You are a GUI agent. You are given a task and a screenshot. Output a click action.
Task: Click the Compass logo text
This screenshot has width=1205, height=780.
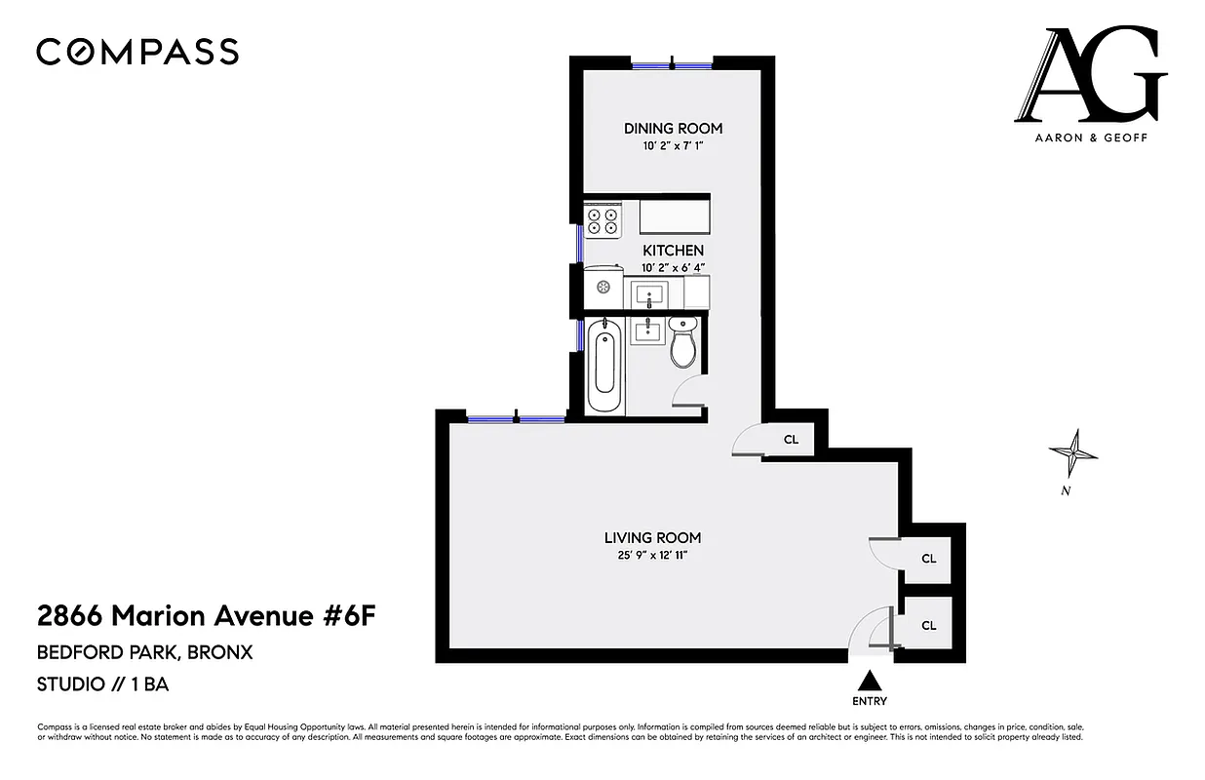(x=137, y=52)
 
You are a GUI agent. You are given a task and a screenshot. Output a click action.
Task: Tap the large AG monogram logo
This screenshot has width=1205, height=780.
(x=1090, y=76)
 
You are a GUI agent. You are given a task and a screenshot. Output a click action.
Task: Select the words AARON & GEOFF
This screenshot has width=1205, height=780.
(x=1091, y=138)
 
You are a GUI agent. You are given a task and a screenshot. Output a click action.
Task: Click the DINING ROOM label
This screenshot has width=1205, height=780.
(x=673, y=129)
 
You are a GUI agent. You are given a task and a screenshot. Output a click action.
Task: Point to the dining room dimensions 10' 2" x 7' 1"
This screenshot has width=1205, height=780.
(x=673, y=146)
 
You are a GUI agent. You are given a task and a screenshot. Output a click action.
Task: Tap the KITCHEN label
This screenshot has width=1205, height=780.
(x=673, y=251)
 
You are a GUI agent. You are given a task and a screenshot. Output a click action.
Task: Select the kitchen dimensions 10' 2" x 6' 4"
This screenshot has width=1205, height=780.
(x=673, y=267)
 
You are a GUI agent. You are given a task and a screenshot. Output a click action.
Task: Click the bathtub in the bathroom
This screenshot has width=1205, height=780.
(x=604, y=368)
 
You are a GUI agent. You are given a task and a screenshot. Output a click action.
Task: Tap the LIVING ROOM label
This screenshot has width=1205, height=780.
(x=652, y=537)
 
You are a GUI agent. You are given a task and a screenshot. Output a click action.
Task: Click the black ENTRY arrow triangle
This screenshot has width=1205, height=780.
(x=870, y=681)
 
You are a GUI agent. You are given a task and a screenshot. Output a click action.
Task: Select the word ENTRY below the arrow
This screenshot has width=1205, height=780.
(x=870, y=701)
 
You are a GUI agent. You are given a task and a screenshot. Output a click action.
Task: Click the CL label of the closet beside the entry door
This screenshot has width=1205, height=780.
(x=928, y=625)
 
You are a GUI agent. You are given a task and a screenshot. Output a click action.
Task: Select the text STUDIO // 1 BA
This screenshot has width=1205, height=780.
(x=102, y=684)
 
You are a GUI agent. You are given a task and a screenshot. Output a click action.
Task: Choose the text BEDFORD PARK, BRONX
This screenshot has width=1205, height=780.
(x=144, y=652)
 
